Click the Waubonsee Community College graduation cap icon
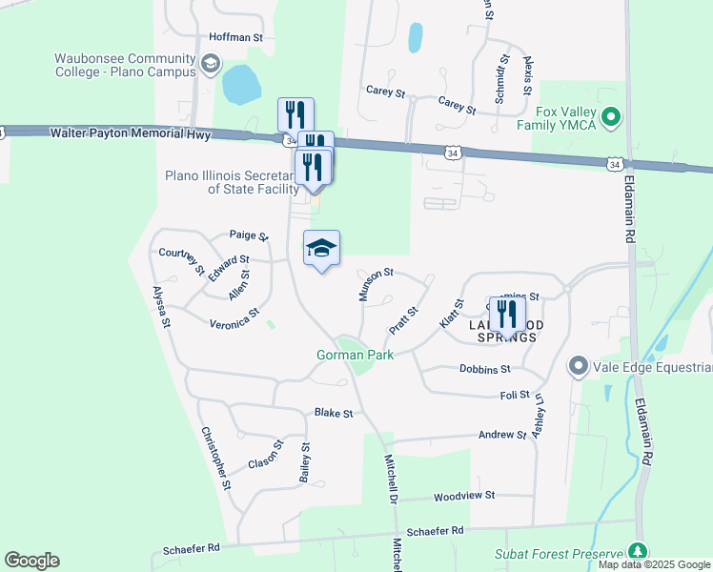tap(210, 64)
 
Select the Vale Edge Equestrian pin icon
tap(578, 366)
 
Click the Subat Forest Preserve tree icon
tap(637, 552)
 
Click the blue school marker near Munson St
tap(321, 249)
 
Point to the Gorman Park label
tap(355, 355)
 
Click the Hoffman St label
tap(235, 37)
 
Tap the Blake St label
tap(334, 413)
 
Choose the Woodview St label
tap(464, 496)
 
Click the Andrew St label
tap(502, 435)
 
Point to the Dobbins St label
tap(485, 368)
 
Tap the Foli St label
tap(514, 395)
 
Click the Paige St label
tap(246, 235)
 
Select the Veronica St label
tap(234, 318)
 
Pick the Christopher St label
tap(215, 458)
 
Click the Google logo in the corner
tap(31, 561)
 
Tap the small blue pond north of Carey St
tap(415, 37)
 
